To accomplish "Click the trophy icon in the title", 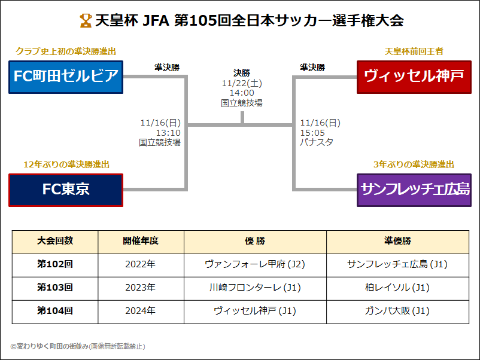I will (x=85, y=21).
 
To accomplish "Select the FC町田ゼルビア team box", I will (x=66, y=77).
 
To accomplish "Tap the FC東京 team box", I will (x=66, y=190).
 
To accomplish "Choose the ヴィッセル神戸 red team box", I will (x=414, y=77).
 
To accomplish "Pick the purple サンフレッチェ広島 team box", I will (x=414, y=190).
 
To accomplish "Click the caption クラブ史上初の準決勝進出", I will (x=66, y=51).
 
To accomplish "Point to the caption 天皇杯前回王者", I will (x=414, y=51).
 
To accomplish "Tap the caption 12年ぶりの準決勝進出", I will (x=66, y=164).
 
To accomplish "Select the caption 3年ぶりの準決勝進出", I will (x=414, y=164).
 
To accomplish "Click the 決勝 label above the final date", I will (x=242, y=74).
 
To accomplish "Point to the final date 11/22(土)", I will (x=242, y=83).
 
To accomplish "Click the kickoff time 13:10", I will (x=168, y=133).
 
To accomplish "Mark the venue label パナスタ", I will (x=317, y=142).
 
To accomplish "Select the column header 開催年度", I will (x=141, y=241).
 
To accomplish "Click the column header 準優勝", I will (x=397, y=241).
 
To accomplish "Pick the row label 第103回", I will (x=55, y=288).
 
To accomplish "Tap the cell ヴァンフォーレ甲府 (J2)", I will (x=255, y=264).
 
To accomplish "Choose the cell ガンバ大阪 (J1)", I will (x=397, y=311).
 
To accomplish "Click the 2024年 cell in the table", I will (x=141, y=311).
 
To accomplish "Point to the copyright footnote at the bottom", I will (x=78, y=346).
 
